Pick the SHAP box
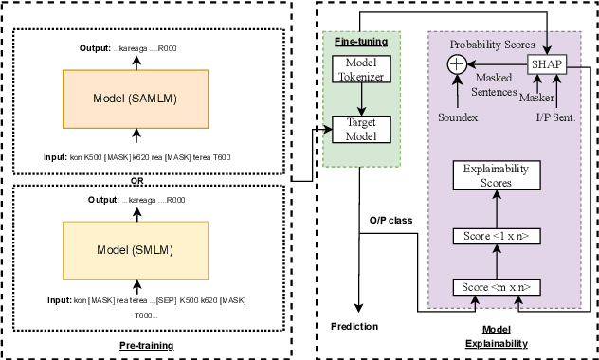point(548,63)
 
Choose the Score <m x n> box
point(489,285)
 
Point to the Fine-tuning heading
point(354,42)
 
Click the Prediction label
point(354,327)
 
